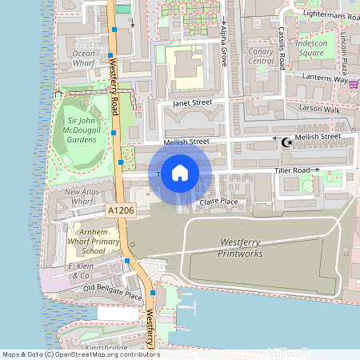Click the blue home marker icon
coord(180,172)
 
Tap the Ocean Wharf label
coord(84,59)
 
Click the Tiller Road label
coord(291,170)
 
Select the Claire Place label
coord(219,202)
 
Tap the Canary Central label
coord(262,54)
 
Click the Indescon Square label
coord(310,48)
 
